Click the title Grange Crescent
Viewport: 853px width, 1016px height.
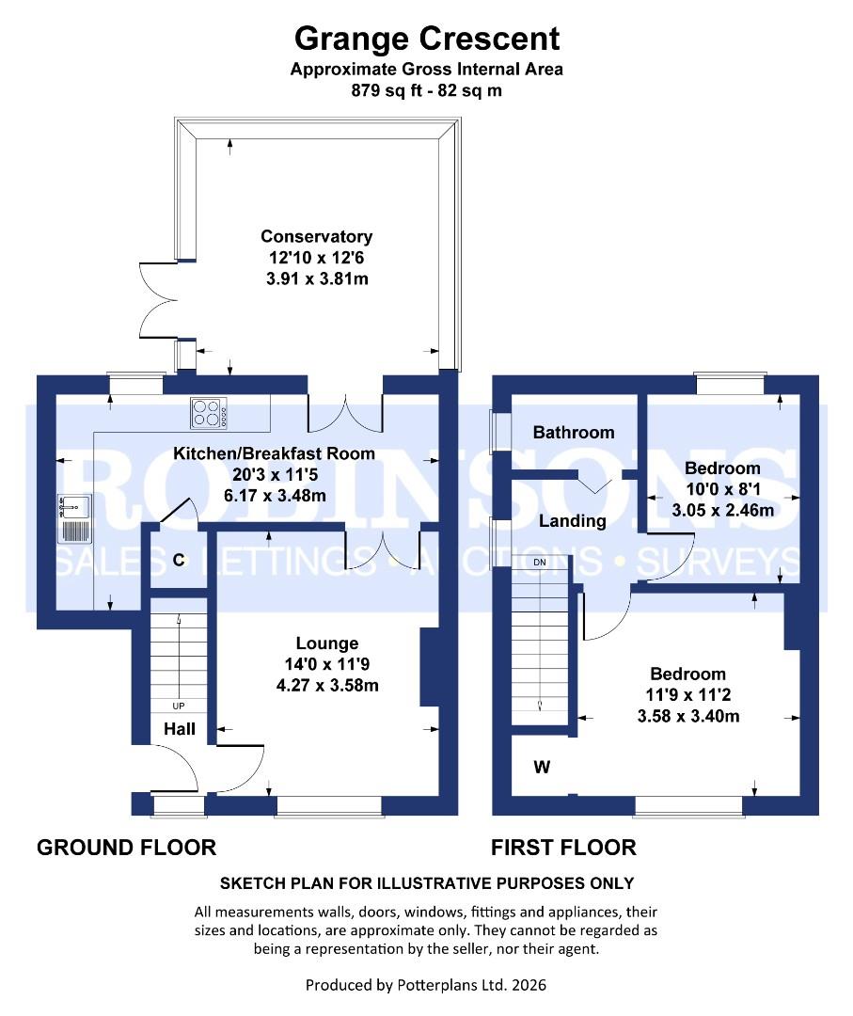(x=426, y=39)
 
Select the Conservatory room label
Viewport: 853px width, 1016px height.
(x=316, y=237)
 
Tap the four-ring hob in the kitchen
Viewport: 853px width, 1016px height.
(x=211, y=411)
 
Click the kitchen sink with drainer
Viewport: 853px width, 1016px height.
(x=74, y=518)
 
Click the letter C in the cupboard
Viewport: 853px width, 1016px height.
(x=178, y=560)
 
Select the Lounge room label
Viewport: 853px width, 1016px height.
(x=326, y=643)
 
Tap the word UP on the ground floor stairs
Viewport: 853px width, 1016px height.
(x=178, y=706)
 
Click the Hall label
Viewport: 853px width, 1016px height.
(x=180, y=729)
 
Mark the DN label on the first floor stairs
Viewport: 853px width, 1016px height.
(x=540, y=562)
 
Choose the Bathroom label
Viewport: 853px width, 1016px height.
(x=573, y=433)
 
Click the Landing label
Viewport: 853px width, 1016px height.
(x=572, y=521)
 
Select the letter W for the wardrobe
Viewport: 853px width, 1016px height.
(x=541, y=768)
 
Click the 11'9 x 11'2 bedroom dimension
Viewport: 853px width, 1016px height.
(x=688, y=695)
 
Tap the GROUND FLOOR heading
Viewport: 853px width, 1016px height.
(x=126, y=848)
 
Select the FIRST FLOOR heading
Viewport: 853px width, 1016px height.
(x=563, y=848)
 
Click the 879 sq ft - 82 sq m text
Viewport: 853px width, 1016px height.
(x=426, y=92)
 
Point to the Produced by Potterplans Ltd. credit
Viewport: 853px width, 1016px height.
(x=426, y=986)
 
